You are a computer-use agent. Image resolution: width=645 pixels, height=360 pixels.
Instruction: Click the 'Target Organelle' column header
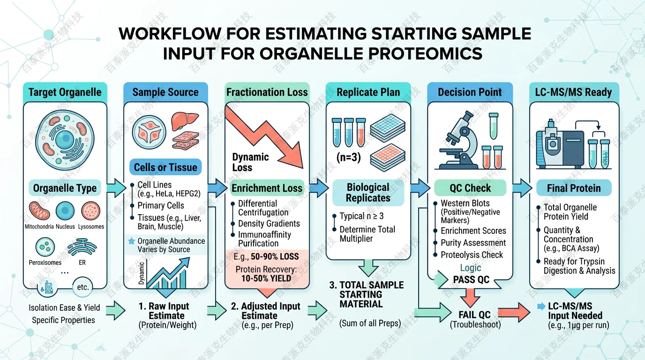[65, 92]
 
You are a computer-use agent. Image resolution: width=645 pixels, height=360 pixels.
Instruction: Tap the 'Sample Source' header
[165, 92]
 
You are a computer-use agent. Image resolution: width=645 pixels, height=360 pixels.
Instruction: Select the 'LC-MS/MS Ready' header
[573, 92]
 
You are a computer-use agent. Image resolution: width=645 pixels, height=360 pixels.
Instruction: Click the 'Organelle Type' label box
[65, 188]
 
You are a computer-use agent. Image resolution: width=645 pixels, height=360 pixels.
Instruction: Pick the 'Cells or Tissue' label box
[165, 167]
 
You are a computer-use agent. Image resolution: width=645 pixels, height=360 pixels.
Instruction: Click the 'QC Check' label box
[470, 188]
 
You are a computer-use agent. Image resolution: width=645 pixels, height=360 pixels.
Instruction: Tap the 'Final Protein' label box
[574, 188]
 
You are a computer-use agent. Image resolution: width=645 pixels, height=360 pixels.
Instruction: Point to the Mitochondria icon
[39, 211]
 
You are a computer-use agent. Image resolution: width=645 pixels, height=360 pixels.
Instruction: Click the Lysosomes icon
[90, 211]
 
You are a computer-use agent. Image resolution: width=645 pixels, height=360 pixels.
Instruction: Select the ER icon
[82, 247]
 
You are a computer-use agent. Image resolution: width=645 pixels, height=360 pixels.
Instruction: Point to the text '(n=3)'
[349, 157]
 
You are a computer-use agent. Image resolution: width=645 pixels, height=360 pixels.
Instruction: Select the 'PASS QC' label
[471, 279]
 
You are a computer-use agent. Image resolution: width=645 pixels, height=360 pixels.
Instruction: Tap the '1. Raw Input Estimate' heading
[164, 311]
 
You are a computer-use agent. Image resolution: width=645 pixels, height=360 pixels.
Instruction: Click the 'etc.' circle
[82, 287]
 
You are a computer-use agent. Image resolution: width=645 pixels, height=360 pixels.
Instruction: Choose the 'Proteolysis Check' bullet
[472, 255]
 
